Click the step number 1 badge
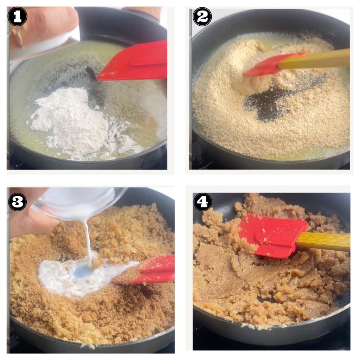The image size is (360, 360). pyautogui.click(x=18, y=17)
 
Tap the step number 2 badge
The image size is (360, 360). pyautogui.click(x=202, y=17)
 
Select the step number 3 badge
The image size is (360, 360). pyautogui.click(x=18, y=202)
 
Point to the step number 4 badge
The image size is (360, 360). pyautogui.click(x=202, y=202)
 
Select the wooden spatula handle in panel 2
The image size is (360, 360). pyautogui.click(x=315, y=59)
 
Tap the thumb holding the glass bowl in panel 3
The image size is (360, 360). pyautogui.click(x=32, y=221)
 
